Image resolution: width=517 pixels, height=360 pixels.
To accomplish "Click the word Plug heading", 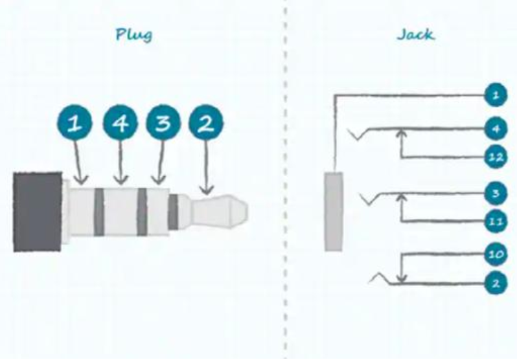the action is pyautogui.click(x=134, y=34).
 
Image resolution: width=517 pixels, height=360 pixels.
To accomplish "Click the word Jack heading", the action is pyautogui.click(x=415, y=34).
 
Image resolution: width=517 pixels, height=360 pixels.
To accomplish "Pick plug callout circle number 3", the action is pyautogui.click(x=163, y=123).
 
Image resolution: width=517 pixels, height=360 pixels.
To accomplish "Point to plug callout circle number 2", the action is pyautogui.click(x=206, y=123).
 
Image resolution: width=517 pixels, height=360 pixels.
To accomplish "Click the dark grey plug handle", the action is pyautogui.click(x=38, y=212).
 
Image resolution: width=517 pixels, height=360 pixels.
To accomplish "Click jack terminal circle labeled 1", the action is pyautogui.click(x=496, y=95).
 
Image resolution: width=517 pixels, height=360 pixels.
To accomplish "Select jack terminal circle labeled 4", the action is pyautogui.click(x=496, y=129).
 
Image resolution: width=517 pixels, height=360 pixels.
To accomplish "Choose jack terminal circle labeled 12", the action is pyautogui.click(x=496, y=157).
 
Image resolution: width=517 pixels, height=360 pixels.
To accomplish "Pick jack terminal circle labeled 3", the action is pyautogui.click(x=496, y=193).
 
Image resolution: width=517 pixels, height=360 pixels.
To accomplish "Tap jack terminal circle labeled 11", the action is pyautogui.click(x=496, y=221).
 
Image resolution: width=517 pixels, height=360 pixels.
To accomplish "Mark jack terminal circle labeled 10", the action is pyautogui.click(x=496, y=254).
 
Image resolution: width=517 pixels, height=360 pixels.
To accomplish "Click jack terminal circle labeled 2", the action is pyautogui.click(x=496, y=283).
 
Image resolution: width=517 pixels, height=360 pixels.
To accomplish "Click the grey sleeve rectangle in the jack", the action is pyautogui.click(x=334, y=211).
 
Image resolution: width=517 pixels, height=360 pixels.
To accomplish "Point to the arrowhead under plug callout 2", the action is pyautogui.click(x=207, y=190).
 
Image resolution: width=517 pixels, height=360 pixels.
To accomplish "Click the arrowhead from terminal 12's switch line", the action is pyautogui.click(x=401, y=133).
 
